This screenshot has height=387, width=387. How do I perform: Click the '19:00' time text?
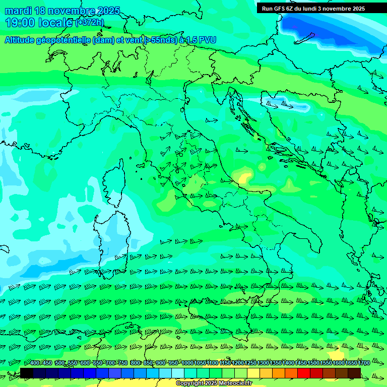pyautogui.click(x=20, y=23)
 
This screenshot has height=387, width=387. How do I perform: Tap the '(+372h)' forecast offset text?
pyautogui.click(x=89, y=23)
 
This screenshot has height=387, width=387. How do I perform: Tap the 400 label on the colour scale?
pyautogui.click(x=35, y=363)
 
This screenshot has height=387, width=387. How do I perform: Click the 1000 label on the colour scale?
pyautogui.click(x=187, y=363)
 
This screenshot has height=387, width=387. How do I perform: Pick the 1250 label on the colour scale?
pyautogui.click(x=250, y=363)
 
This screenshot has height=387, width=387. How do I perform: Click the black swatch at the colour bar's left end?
pyautogui.click(x=26, y=373)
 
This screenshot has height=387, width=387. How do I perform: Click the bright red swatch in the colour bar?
pyautogui.click(x=304, y=373)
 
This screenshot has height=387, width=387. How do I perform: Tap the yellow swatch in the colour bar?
pyautogui.click(x=253, y=373)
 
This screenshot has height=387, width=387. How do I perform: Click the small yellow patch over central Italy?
pyautogui.click(x=245, y=177)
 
